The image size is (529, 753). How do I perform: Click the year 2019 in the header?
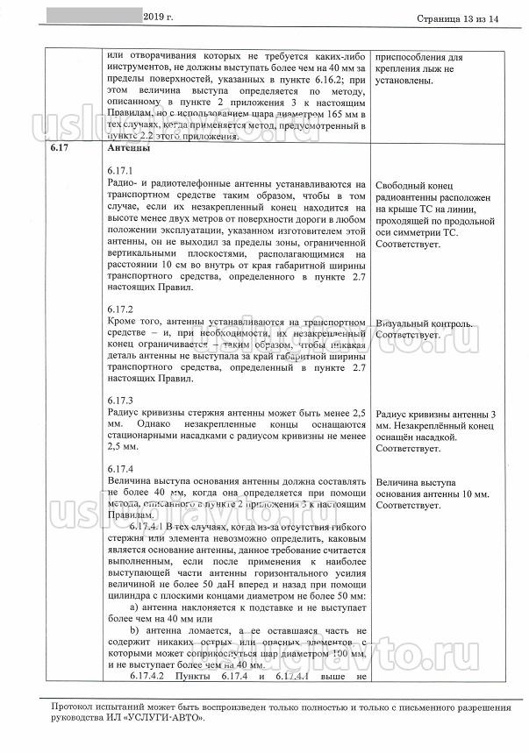155,17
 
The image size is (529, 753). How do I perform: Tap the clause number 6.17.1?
118,169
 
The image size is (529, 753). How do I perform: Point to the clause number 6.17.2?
118,310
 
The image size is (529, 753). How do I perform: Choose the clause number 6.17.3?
118,401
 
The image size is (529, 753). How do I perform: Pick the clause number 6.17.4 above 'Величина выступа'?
118,469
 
